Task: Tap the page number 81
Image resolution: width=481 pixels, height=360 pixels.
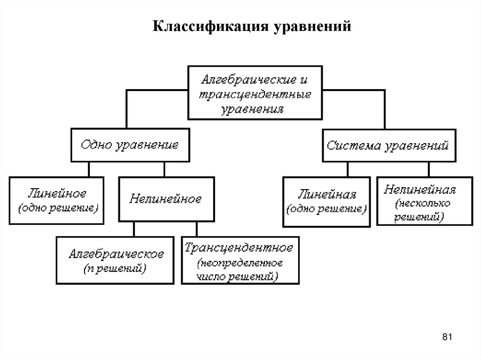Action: (447, 337)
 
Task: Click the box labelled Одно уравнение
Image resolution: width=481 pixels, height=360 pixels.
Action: (130, 145)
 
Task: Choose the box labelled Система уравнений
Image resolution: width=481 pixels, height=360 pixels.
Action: (388, 146)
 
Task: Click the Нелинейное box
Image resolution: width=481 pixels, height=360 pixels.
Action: (165, 199)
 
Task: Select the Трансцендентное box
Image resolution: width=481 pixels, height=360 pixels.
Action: (240, 260)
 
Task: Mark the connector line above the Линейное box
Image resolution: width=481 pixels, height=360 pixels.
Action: (89, 169)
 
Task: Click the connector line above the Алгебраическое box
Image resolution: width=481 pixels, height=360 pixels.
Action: (134, 229)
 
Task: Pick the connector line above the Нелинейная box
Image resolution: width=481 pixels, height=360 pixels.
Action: (428, 170)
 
